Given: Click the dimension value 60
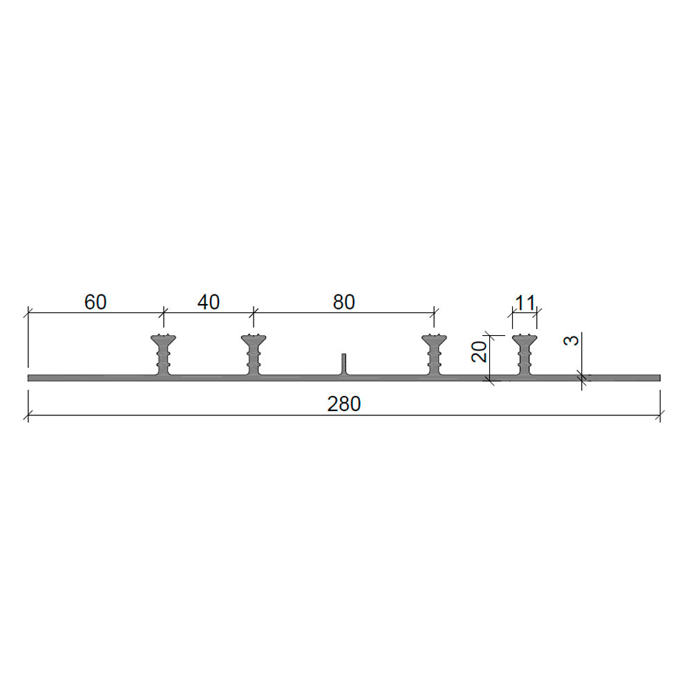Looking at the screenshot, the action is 95,303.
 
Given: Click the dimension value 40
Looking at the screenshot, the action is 209,303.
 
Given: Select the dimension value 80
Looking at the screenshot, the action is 343,303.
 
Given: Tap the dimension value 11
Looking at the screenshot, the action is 525,303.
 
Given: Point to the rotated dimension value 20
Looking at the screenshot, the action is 479,352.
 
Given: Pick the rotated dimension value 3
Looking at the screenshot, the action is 571,340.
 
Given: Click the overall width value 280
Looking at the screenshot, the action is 343,404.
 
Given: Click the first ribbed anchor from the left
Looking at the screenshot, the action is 164,354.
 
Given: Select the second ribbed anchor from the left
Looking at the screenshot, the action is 254,354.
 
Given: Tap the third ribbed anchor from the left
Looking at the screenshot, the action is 434,354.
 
